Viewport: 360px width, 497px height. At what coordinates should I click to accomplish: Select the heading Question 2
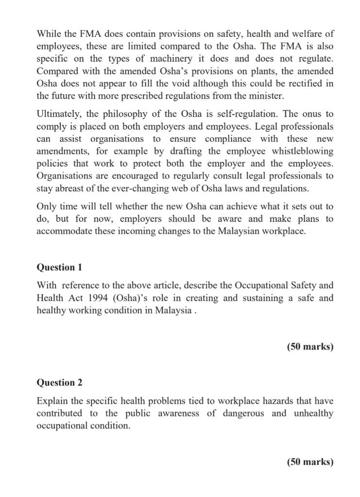click(59, 382)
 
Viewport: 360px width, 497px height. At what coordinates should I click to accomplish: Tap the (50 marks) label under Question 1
click(310, 347)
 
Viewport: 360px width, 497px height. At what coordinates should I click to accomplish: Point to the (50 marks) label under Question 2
click(310, 462)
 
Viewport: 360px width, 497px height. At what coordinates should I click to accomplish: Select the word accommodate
click(65, 231)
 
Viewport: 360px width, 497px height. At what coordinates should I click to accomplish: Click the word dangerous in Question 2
click(244, 414)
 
